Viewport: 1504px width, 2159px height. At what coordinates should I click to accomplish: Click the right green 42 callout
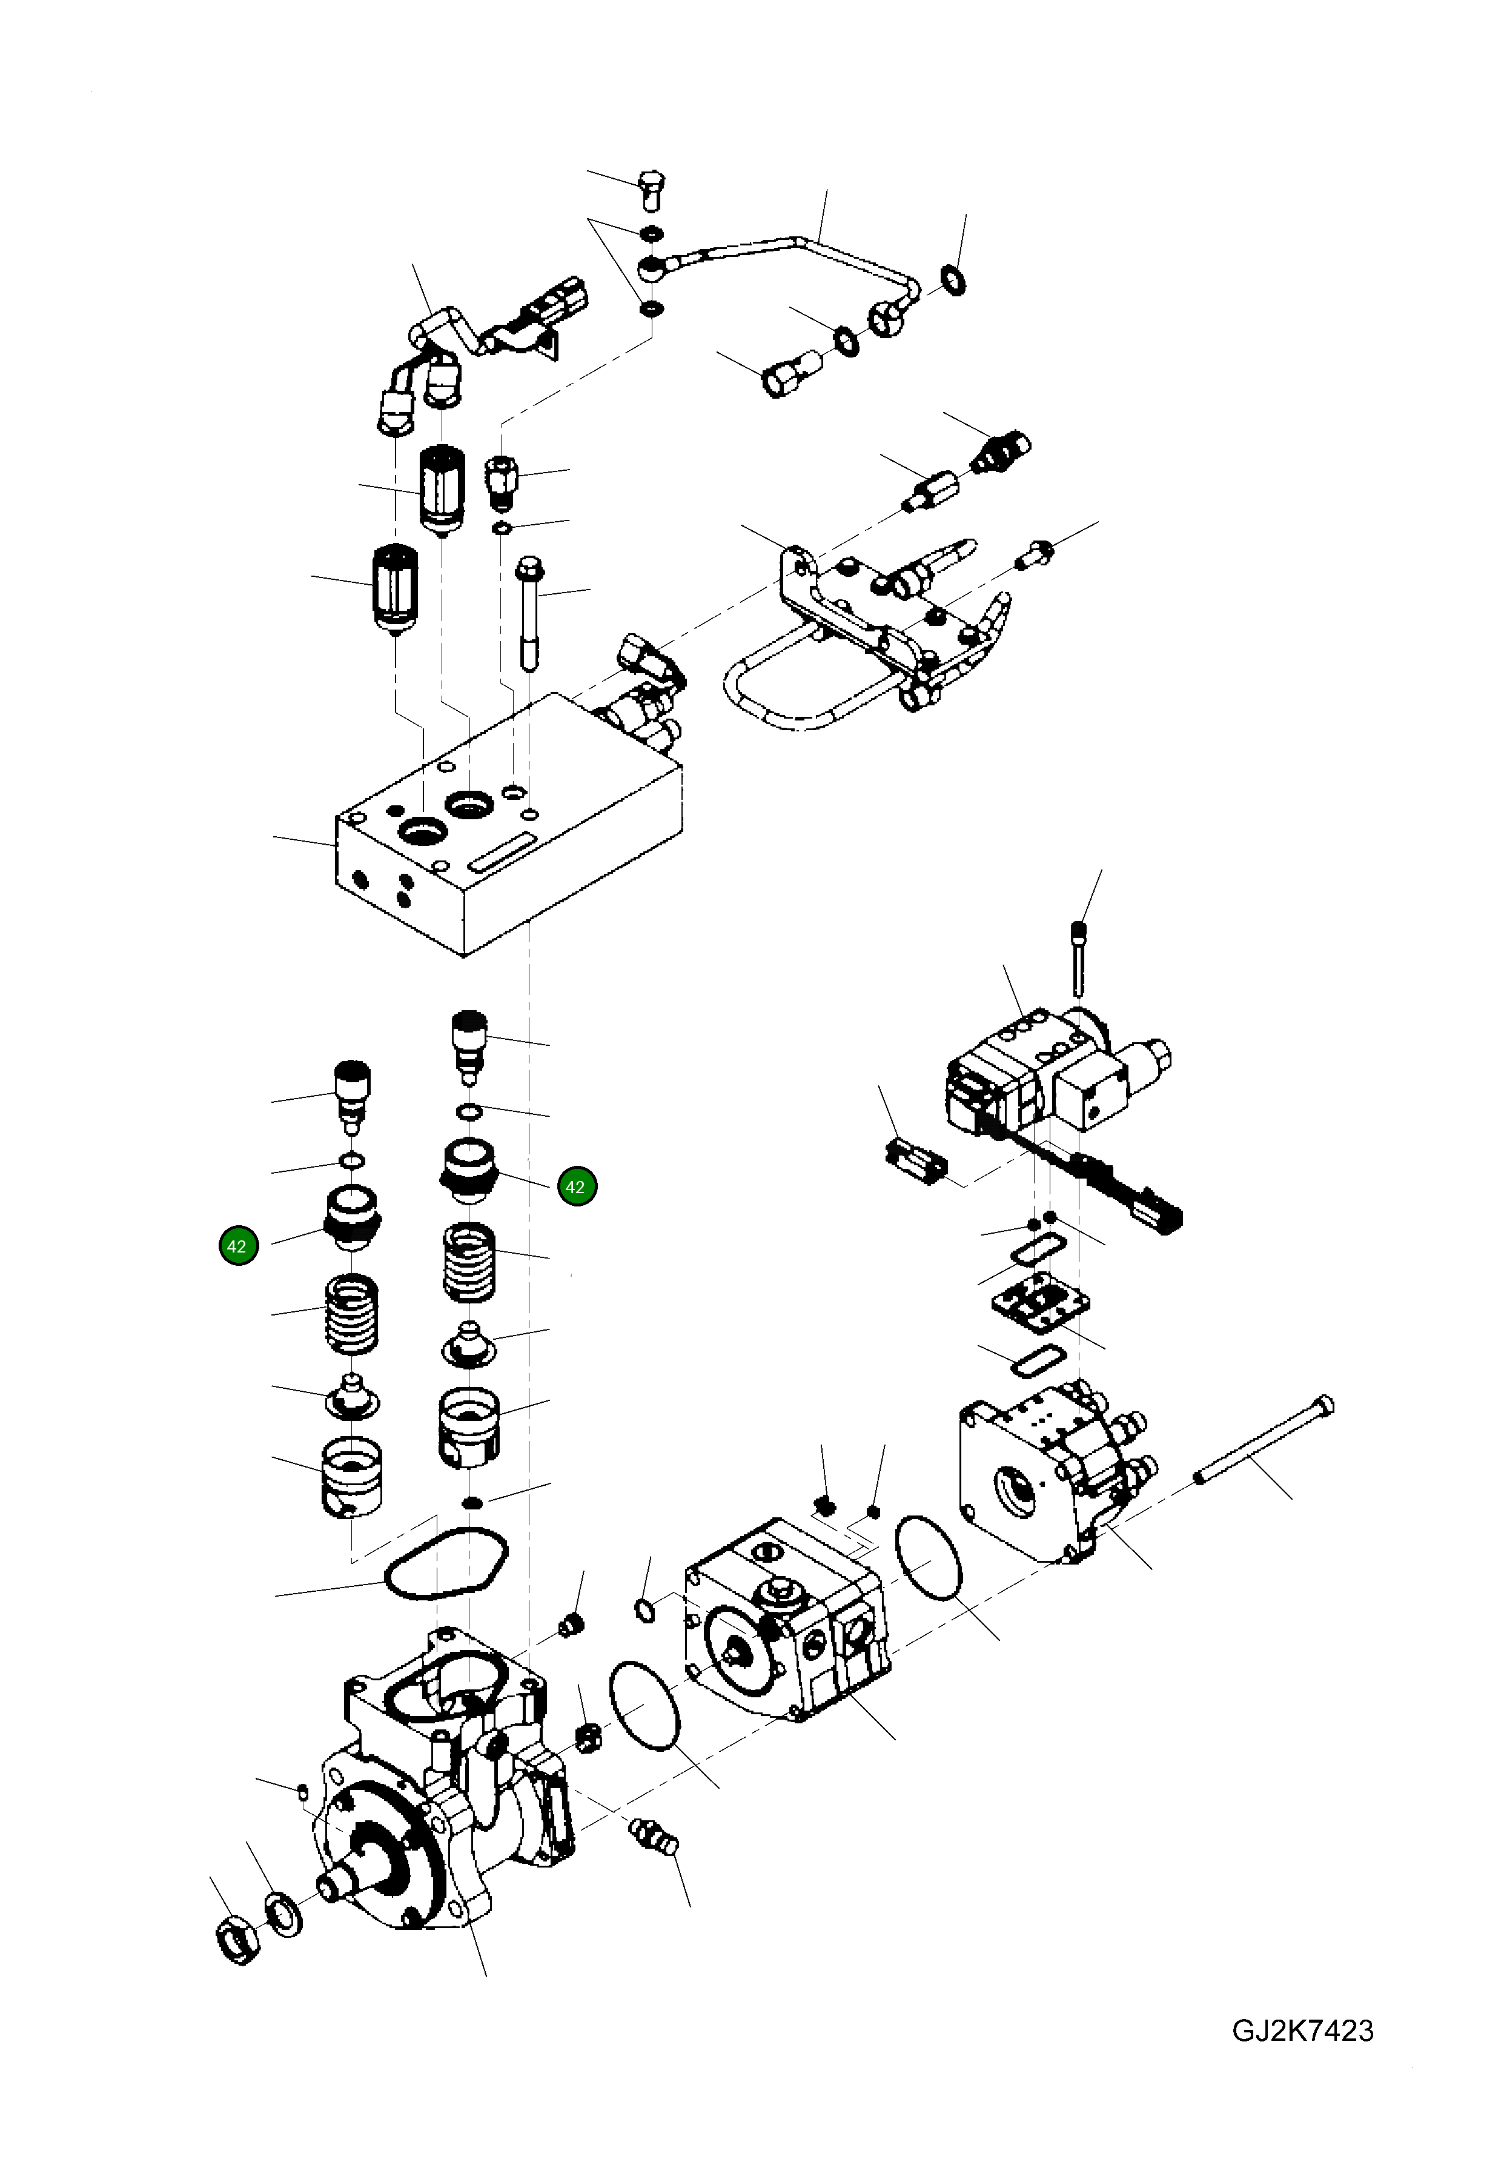tap(576, 1186)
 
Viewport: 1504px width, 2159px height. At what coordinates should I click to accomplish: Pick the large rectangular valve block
tap(508, 828)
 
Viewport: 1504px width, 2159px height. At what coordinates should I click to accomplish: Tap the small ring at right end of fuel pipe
tap(954, 280)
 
